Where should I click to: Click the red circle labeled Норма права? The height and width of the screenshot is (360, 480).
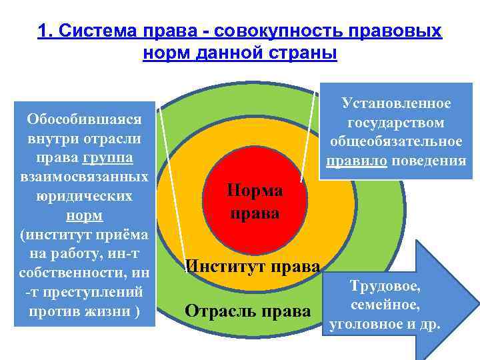(255, 200)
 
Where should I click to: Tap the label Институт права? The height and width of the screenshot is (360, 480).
(253, 266)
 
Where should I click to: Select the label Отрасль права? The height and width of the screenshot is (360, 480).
(247, 311)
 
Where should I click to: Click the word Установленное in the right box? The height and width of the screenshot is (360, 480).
(396, 103)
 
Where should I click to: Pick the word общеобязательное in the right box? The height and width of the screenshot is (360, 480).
(396, 142)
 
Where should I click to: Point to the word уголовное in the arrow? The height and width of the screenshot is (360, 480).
(370, 326)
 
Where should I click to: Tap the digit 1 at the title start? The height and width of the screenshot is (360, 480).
(43, 32)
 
